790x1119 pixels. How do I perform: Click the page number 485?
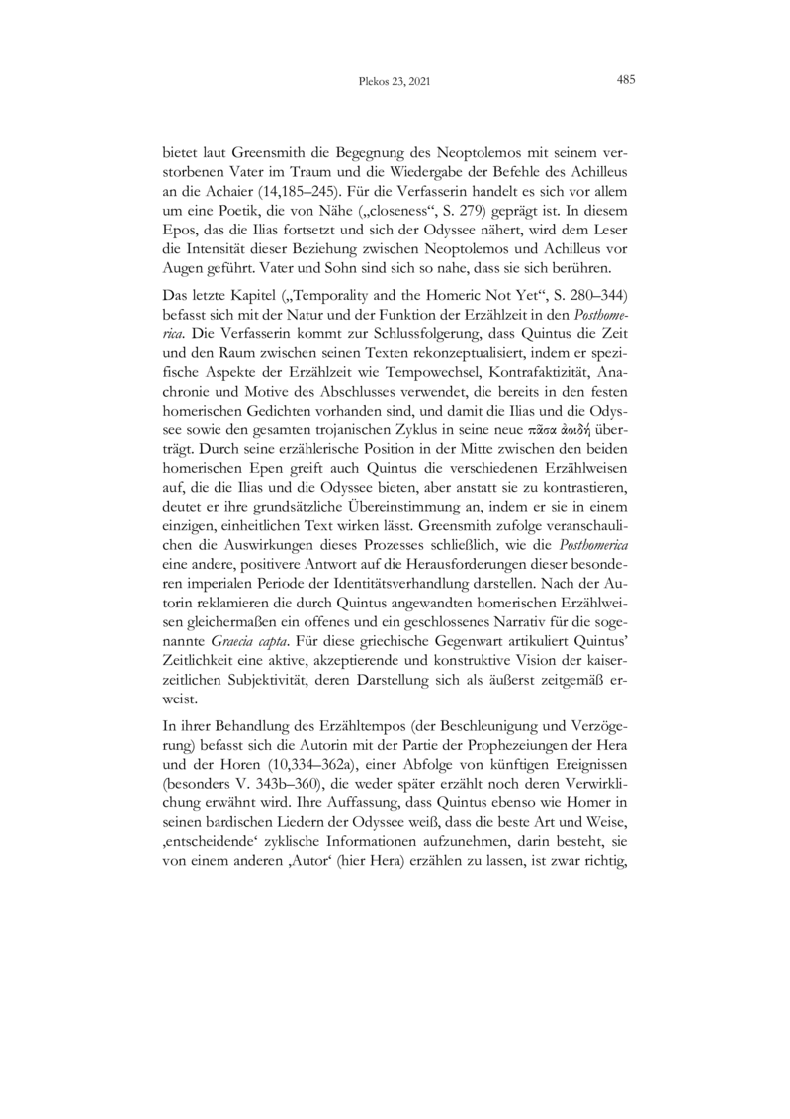coord(625,81)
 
